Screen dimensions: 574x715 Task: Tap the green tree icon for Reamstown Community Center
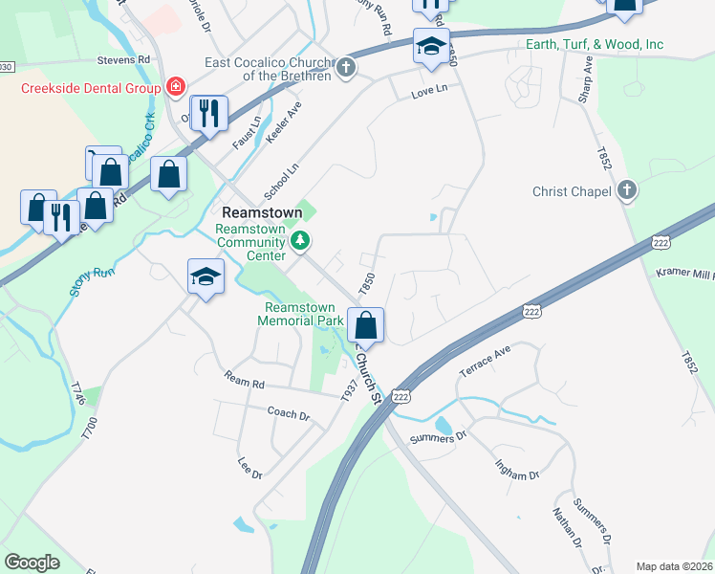[301, 239]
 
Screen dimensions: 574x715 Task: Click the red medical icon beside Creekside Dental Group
[175, 88]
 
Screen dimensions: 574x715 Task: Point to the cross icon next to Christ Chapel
[627, 191]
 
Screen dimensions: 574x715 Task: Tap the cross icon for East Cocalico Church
[346, 68]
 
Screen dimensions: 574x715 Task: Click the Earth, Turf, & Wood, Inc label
[595, 45]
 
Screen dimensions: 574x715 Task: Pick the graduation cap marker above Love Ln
[431, 45]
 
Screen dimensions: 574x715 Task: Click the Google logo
[32, 562]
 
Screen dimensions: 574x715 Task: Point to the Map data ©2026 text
[673, 566]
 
